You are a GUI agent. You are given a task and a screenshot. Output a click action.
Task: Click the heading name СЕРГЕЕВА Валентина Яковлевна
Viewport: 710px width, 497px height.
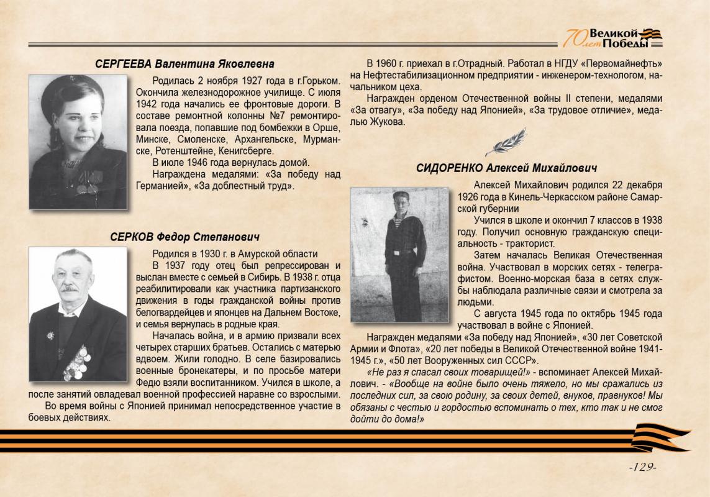pyautogui.click(x=184, y=64)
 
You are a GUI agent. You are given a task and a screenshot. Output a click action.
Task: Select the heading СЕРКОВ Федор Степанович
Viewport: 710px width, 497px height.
pyautogui.click(x=184, y=237)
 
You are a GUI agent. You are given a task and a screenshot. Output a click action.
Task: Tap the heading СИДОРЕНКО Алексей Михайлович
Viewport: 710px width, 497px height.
pyautogui.click(x=506, y=168)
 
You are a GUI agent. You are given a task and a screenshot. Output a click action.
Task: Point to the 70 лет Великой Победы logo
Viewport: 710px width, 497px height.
pyautogui.click(x=612, y=38)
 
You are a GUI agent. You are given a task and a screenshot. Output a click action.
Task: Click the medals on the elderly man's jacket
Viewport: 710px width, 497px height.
pyautogui.click(x=76, y=362)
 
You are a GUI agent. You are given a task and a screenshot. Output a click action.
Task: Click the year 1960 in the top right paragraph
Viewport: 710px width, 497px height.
pyautogui.click(x=389, y=64)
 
